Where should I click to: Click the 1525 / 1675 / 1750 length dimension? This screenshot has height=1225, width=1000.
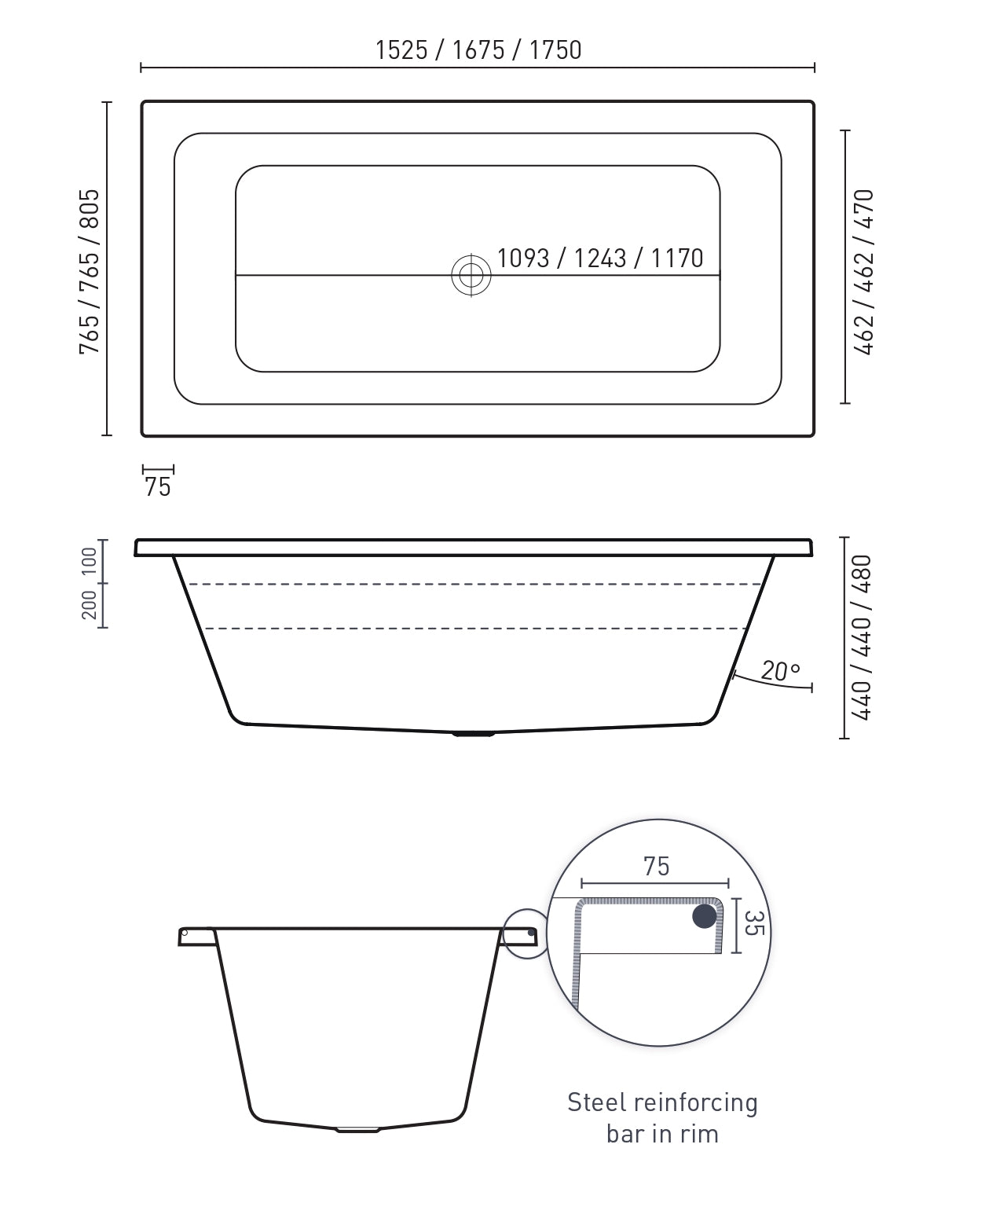tap(478, 50)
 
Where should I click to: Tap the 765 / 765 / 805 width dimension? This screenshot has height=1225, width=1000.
tap(90, 271)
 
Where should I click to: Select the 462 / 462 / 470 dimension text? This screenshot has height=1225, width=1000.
tap(864, 271)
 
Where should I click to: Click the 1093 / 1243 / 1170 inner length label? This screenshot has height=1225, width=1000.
tap(600, 258)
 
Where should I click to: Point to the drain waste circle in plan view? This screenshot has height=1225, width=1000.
tap(471, 275)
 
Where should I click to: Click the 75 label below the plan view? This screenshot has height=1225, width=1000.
tap(157, 487)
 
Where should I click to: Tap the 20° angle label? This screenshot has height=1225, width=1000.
tap(780, 672)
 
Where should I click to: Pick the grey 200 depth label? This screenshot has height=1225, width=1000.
tap(89, 605)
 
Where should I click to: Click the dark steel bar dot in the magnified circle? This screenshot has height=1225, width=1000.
tap(705, 915)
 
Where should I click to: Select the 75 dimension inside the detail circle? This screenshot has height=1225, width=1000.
tap(656, 866)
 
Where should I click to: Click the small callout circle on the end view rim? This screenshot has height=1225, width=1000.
tap(525, 933)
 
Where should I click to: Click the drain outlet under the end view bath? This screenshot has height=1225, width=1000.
tap(357, 1129)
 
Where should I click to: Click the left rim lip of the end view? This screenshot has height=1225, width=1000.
tap(196, 935)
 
